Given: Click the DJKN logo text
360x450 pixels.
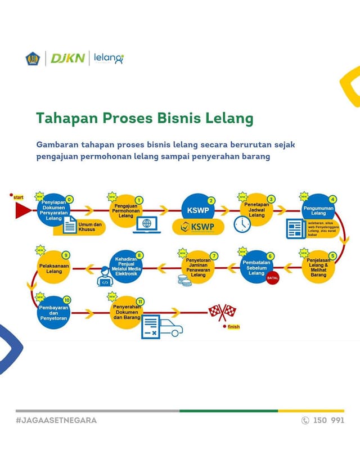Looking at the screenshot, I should click(67, 58).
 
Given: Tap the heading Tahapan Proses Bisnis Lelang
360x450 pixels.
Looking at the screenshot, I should click(145, 119).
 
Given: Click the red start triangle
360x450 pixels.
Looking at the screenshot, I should click(23, 210).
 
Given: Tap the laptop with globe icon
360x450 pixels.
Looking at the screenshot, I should click(147, 224).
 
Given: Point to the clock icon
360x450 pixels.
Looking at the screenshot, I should click(242, 224).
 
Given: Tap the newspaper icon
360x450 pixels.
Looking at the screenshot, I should click(295, 228).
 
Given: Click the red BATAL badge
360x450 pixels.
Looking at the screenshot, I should click(273, 278).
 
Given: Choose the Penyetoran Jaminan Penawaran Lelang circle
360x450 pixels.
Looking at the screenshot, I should click(198, 263).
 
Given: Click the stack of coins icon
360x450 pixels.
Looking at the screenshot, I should click(184, 279).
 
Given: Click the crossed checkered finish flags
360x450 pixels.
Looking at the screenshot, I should click(223, 313).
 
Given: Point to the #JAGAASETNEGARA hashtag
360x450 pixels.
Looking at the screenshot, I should click(56, 420).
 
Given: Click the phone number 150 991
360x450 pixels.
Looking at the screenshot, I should click(328, 420).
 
